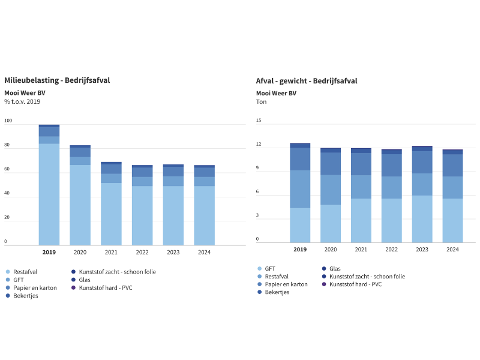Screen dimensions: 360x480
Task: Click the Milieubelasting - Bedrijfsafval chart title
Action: pos(57,80)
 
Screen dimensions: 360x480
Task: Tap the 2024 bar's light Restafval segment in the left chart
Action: pos(204,215)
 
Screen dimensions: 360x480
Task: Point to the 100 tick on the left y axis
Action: pos(8,121)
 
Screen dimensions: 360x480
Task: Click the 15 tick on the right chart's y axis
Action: pos(259,121)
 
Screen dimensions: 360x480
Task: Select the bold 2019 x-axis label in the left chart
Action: pos(49,252)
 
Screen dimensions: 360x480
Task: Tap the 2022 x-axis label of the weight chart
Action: pos(391,250)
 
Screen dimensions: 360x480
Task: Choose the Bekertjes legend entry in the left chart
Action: pos(25,296)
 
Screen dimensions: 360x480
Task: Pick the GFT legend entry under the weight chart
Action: pos(270,269)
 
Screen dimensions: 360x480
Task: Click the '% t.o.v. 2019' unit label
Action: pos(22,102)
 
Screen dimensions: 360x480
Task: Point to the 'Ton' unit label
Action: pos(262,102)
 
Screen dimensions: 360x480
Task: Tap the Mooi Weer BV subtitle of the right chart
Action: pos(276,93)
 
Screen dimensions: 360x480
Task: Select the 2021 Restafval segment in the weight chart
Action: pos(361,187)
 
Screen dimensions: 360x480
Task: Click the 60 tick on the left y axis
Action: pos(8,169)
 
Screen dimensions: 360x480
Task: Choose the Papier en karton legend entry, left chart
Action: pos(35,288)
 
